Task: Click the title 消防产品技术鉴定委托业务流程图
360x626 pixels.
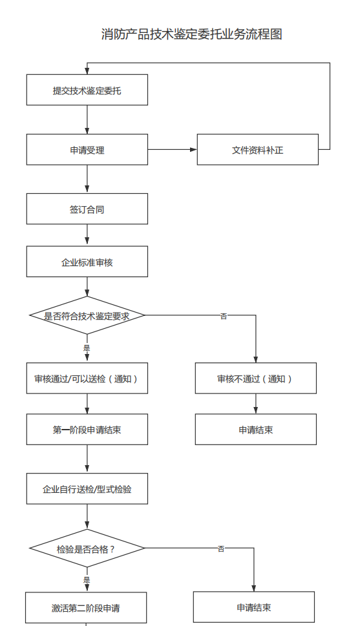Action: pos(192,34)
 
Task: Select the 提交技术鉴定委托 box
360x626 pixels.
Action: pos(87,90)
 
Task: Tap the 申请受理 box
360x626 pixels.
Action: pos(87,150)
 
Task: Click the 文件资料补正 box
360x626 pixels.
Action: pos(257,150)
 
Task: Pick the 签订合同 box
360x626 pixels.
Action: pos(87,209)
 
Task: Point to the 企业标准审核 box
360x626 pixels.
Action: pos(87,262)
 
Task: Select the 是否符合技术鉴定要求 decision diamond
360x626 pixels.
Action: pos(87,315)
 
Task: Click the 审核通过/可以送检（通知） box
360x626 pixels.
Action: pos(87,379)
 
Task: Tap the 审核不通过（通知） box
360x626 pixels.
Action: pos(255,379)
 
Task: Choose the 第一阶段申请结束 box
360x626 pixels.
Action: pos(87,430)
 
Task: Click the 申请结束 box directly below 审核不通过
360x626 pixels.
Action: pos(255,430)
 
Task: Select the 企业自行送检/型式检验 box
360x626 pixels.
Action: pos(87,488)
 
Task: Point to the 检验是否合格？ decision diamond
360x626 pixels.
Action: pos(87,548)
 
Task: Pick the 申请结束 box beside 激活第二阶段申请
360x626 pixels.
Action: pos(253,607)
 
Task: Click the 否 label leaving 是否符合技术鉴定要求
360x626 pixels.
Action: pos(224,316)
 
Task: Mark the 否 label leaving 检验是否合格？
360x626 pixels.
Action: pos(221,548)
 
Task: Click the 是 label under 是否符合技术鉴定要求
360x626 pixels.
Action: pos(87,348)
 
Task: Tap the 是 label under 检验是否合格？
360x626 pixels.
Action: pos(87,579)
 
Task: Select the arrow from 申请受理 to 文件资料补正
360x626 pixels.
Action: pos(172,150)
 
